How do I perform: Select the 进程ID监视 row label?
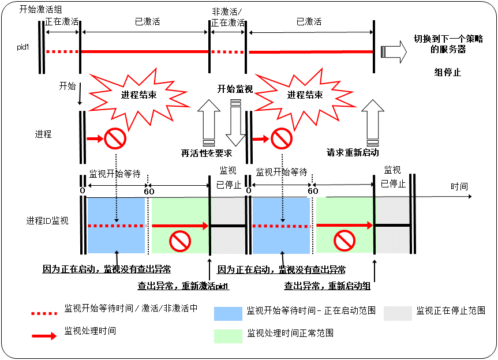point(47,220)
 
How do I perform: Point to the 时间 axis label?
point(459,186)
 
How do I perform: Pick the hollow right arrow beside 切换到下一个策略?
point(392,51)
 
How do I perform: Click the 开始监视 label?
point(235,89)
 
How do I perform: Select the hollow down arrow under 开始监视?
point(235,124)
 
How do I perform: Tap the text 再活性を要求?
point(207,153)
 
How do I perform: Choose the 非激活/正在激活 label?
point(229,17)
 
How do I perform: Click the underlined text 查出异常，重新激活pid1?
point(183,286)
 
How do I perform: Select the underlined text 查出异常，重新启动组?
point(327,286)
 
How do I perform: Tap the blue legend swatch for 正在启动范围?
point(228,313)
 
